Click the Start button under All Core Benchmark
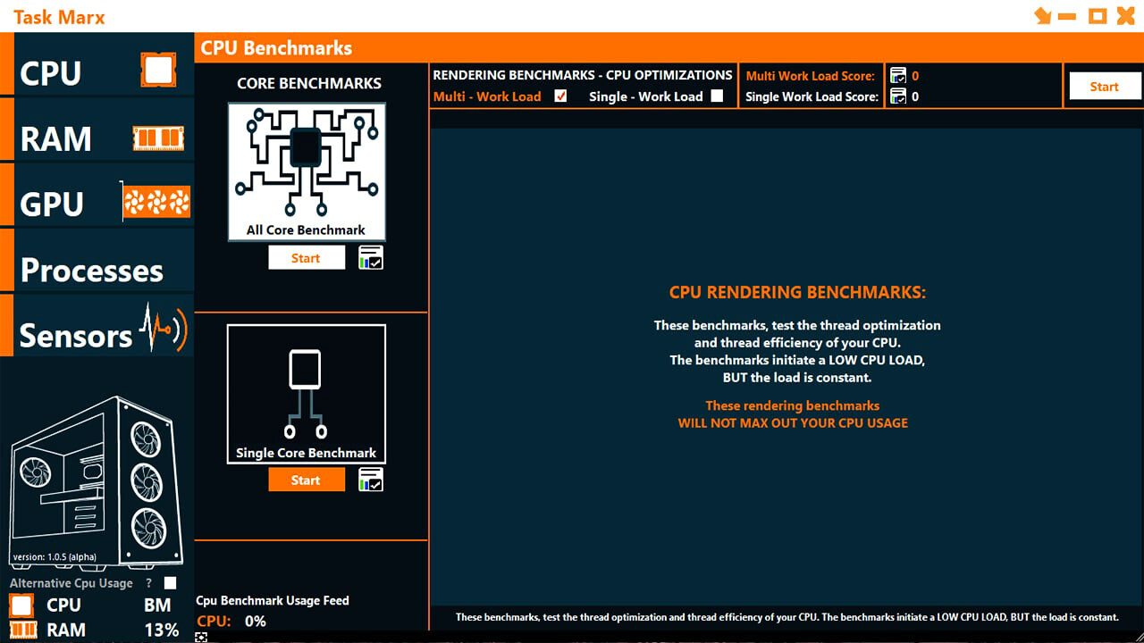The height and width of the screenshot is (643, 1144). (x=306, y=258)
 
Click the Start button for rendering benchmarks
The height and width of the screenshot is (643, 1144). (x=1104, y=87)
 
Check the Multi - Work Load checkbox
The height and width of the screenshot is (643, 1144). (x=560, y=96)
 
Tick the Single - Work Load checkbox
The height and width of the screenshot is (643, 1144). (x=717, y=96)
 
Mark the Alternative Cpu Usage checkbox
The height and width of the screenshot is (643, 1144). (x=170, y=583)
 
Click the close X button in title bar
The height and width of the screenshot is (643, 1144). (x=1126, y=15)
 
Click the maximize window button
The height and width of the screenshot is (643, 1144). (x=1098, y=15)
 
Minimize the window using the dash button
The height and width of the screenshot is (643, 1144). (x=1067, y=16)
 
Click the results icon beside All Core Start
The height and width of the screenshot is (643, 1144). (x=370, y=258)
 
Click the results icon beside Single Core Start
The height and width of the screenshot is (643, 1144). (x=370, y=480)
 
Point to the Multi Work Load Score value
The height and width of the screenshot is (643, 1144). (x=915, y=77)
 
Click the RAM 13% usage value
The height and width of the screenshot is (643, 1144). (x=162, y=630)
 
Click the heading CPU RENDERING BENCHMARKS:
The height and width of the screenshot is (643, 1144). (x=797, y=293)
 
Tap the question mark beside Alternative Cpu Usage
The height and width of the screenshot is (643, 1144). (x=149, y=583)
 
